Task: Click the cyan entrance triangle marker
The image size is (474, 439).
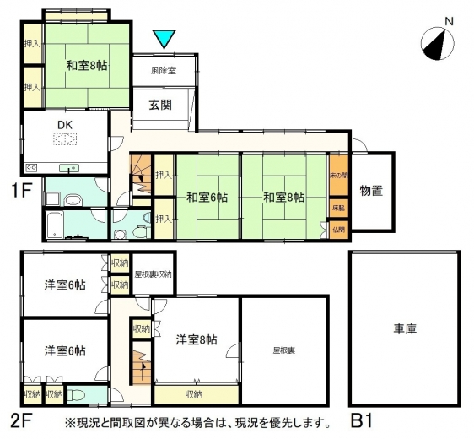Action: [x=164, y=38]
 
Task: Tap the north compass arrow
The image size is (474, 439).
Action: [x=435, y=46]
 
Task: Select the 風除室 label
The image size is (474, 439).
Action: [x=164, y=71]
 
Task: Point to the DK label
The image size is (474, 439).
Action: [x=65, y=126]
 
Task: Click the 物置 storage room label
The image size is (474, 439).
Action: [x=371, y=192]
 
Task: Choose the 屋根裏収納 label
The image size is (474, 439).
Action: [x=153, y=274]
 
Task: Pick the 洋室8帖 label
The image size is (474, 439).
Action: [x=197, y=340]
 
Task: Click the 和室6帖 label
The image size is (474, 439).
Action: [x=207, y=198]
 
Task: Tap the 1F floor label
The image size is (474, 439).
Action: [x=22, y=190]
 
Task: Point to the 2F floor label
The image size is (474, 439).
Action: [x=22, y=420]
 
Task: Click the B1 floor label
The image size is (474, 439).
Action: [x=362, y=420]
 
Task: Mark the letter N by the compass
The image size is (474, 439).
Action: [x=450, y=22]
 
